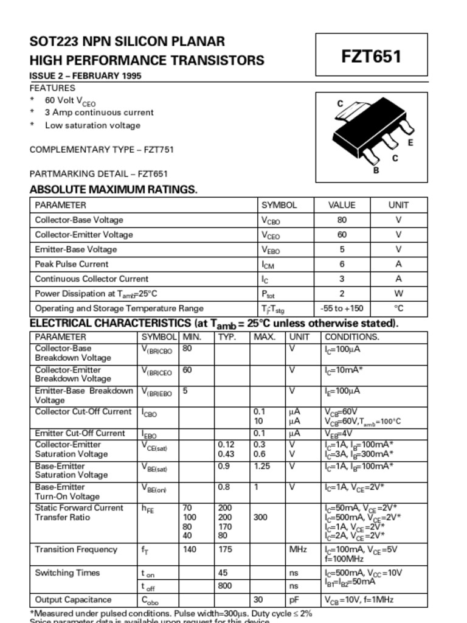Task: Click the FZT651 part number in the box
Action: [x=371, y=57]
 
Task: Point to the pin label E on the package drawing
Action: [x=410, y=143]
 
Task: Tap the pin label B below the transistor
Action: [x=376, y=171]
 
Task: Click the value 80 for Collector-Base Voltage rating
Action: [x=342, y=220]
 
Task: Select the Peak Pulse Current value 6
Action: [x=342, y=264]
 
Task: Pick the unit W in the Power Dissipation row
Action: [x=399, y=294]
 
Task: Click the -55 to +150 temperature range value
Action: [x=342, y=308]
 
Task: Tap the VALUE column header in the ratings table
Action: [x=342, y=205]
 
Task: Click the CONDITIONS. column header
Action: [x=352, y=337]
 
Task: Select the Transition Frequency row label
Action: [x=76, y=549]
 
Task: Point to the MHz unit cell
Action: [x=298, y=549]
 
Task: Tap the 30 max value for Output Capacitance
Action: [x=258, y=600]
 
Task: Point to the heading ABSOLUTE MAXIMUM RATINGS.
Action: [x=114, y=189]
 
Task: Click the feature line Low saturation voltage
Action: [x=92, y=125]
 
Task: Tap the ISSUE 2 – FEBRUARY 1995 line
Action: [x=86, y=76]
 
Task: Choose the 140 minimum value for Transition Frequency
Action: [x=190, y=549]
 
